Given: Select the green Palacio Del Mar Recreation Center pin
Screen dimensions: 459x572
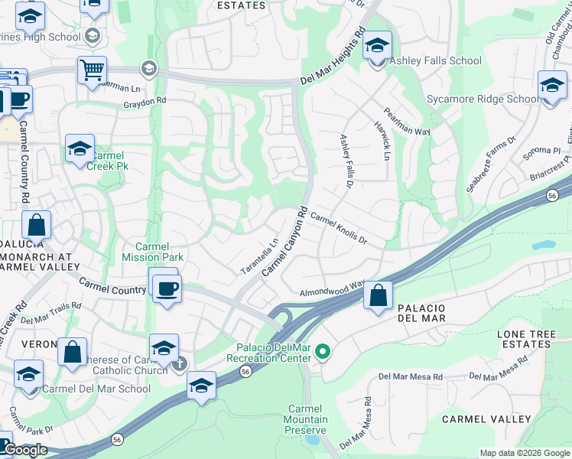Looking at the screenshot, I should (323, 352).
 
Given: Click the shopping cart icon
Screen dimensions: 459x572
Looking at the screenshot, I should (92, 70).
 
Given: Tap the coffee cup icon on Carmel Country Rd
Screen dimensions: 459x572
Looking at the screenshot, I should (167, 288).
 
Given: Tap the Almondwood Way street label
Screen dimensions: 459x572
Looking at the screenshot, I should (332, 288).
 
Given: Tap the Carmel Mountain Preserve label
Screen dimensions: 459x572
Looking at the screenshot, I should (308, 419).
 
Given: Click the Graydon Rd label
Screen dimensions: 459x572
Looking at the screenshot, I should (145, 100).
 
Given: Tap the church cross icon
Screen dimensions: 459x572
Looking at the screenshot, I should (179, 364).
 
